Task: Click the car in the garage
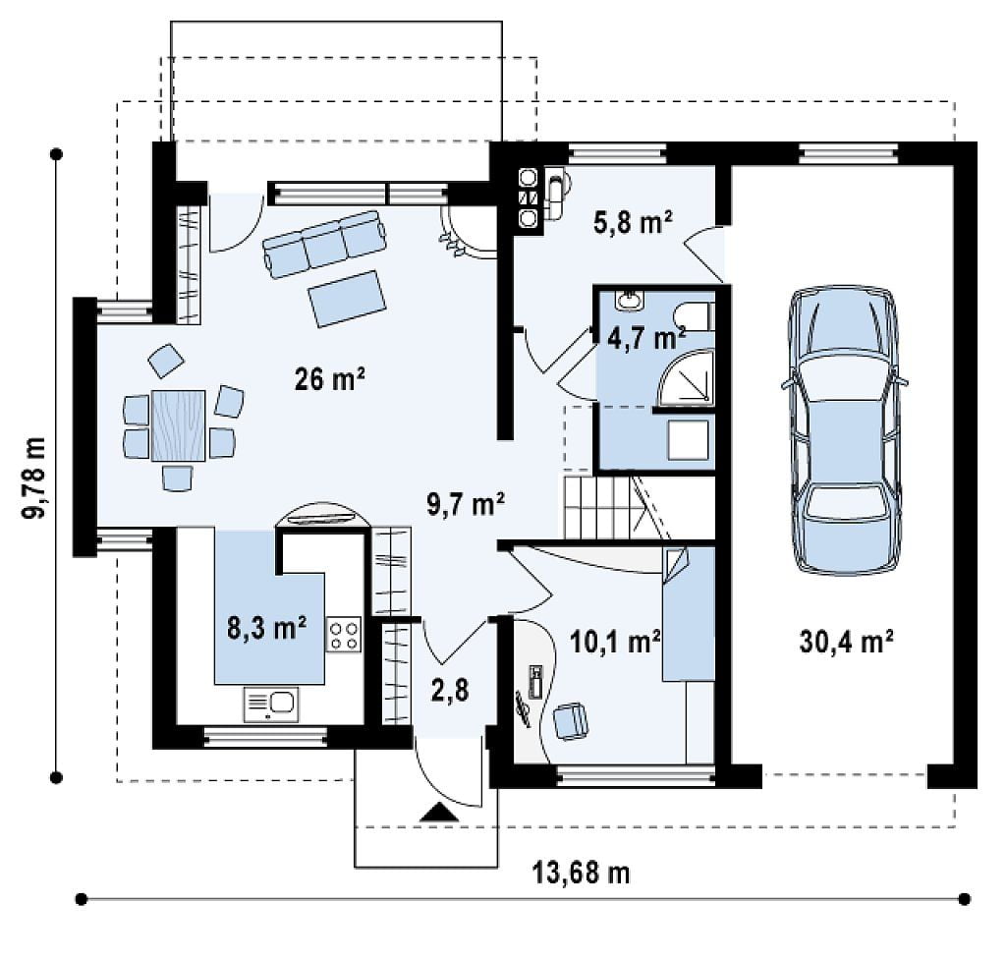(x=844, y=430)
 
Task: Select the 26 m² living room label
(x=330, y=379)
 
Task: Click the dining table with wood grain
(x=179, y=424)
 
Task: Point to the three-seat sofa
(x=325, y=244)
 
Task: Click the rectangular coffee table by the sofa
(x=347, y=299)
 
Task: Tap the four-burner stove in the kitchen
(x=343, y=634)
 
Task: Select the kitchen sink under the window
(x=271, y=705)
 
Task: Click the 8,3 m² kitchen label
(x=266, y=629)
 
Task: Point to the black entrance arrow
(x=439, y=813)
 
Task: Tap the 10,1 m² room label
(x=615, y=642)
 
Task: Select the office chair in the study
(x=570, y=721)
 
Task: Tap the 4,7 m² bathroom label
(x=646, y=338)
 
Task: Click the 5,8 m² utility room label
(x=632, y=223)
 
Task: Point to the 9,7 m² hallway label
(x=466, y=503)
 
